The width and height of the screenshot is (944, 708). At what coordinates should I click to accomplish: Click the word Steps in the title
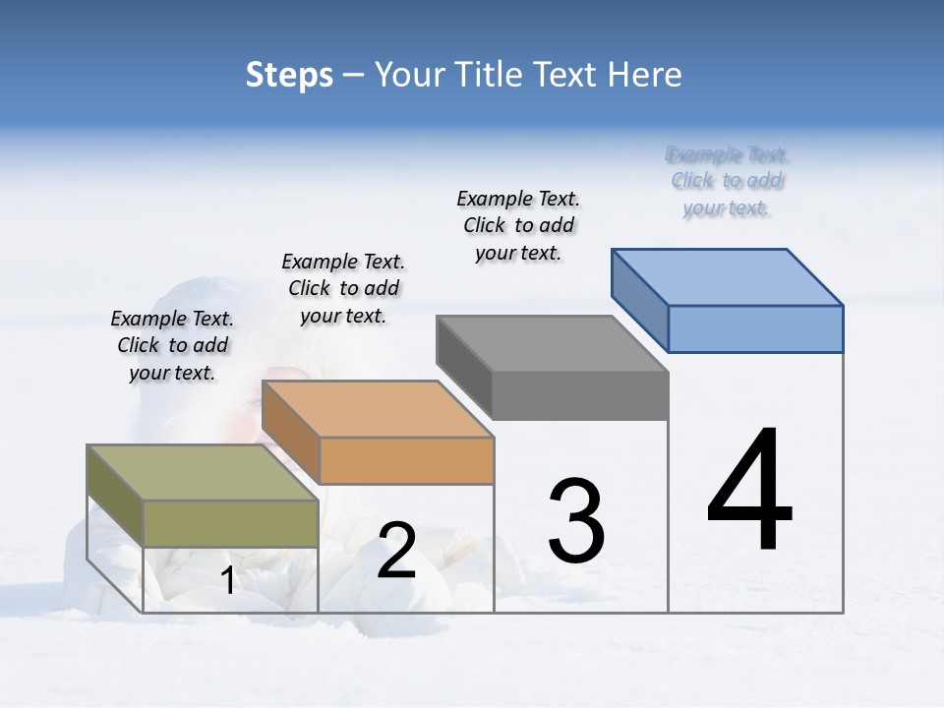[289, 75]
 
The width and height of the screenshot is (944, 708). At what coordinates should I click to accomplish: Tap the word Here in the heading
[645, 75]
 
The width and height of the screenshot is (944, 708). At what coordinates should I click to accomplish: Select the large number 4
[749, 492]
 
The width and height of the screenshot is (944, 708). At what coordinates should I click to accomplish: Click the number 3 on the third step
[576, 521]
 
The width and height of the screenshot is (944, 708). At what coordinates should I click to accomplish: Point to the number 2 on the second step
[396, 551]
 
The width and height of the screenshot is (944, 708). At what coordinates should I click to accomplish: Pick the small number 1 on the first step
[228, 580]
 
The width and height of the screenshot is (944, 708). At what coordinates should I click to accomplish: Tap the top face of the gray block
[553, 343]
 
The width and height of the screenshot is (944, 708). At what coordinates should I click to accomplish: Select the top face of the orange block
[378, 408]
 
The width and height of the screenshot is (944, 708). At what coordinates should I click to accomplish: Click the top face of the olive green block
[203, 472]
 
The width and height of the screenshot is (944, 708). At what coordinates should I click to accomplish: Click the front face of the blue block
[755, 328]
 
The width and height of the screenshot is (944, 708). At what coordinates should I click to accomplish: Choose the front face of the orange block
[406, 460]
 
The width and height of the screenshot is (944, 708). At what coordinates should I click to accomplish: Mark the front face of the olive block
[231, 523]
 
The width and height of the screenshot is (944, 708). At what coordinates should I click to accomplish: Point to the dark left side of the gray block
[463, 367]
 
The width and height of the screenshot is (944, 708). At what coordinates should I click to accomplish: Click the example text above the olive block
[172, 345]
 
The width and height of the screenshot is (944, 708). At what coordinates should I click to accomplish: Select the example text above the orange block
[343, 288]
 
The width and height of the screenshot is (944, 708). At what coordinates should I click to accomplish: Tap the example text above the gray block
[518, 225]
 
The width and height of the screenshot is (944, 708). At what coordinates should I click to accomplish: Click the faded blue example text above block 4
[727, 181]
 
